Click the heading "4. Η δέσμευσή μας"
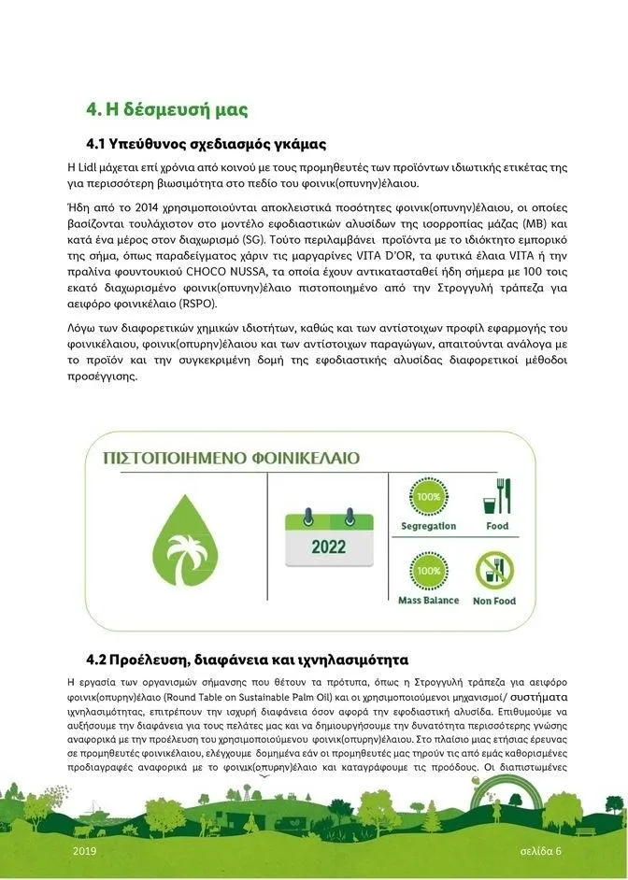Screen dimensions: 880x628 (x=166, y=110)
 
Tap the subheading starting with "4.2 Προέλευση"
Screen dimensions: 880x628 (x=247, y=660)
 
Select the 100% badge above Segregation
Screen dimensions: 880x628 (x=428, y=498)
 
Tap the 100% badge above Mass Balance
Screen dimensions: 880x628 (x=428, y=571)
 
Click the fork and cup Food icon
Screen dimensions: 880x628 (x=494, y=497)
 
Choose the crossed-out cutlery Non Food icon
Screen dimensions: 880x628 (x=494, y=571)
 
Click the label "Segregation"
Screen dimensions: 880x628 (x=428, y=526)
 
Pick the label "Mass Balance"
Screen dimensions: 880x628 (x=428, y=600)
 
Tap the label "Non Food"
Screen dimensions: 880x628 (x=494, y=601)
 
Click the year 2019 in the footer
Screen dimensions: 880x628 (x=84, y=852)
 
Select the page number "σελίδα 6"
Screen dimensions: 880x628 (x=541, y=852)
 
